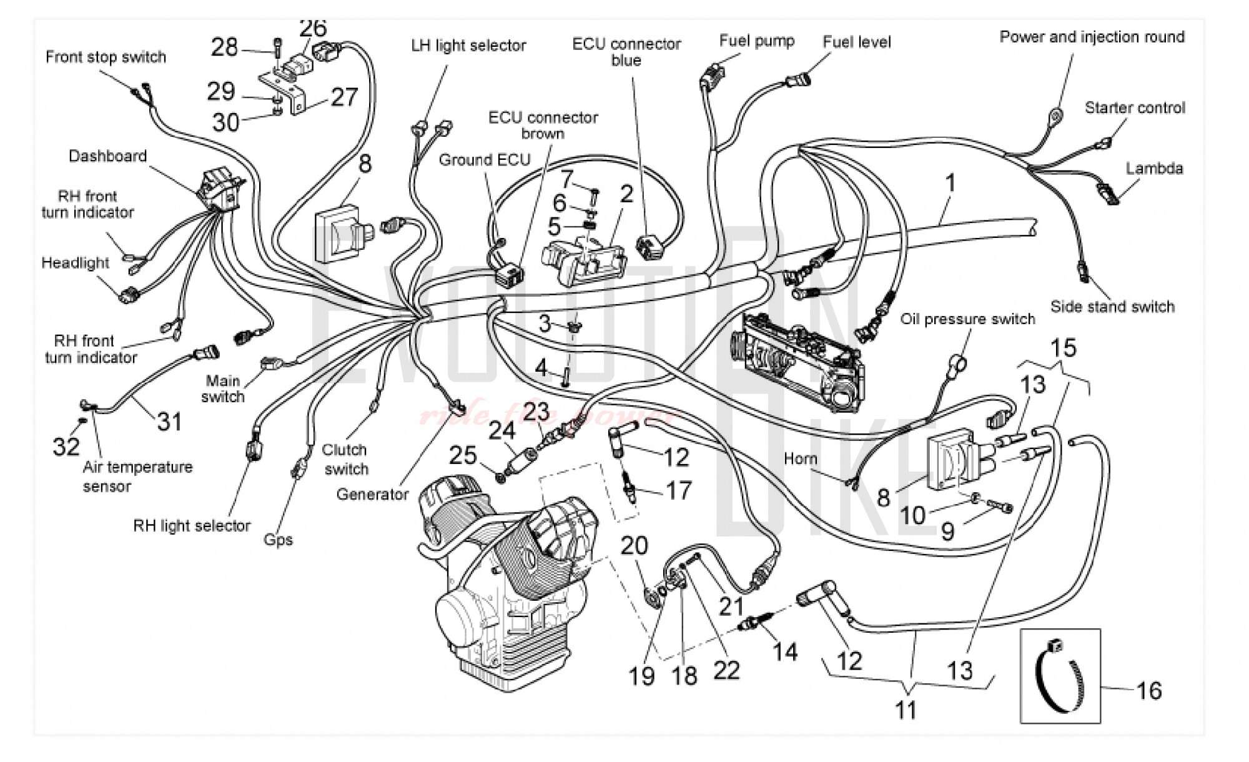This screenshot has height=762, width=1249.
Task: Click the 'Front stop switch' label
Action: pyautogui.click(x=106, y=57)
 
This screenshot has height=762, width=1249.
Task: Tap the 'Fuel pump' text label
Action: pyautogui.click(x=756, y=41)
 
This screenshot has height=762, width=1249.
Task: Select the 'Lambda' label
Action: pyautogui.click(x=1154, y=169)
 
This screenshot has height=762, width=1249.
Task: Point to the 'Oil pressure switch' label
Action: pyautogui.click(x=967, y=319)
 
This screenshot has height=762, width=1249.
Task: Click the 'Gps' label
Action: pyautogui.click(x=278, y=540)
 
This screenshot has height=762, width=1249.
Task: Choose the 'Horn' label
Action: pyautogui.click(x=800, y=459)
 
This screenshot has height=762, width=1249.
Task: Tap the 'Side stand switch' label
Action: pyautogui.click(x=1112, y=307)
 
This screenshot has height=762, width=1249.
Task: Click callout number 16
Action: pyautogui.click(x=1148, y=691)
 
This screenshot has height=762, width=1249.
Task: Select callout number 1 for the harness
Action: pyautogui.click(x=950, y=184)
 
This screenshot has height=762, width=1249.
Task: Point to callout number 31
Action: pyautogui.click(x=169, y=422)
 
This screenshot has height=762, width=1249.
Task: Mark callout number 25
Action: pyautogui.click(x=463, y=455)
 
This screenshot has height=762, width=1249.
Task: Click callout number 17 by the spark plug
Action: pyautogui.click(x=679, y=491)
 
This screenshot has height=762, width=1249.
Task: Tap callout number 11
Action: pyautogui.click(x=906, y=710)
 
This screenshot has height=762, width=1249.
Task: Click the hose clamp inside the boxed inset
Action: pyautogui.click(x=1060, y=678)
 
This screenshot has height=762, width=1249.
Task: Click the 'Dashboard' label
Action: pyautogui.click(x=107, y=156)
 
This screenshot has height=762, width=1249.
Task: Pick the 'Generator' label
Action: pyautogui.click(x=372, y=495)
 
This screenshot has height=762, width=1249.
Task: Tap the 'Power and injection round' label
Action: pyautogui.click(x=1092, y=37)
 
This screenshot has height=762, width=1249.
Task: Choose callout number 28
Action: pyautogui.click(x=224, y=47)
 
